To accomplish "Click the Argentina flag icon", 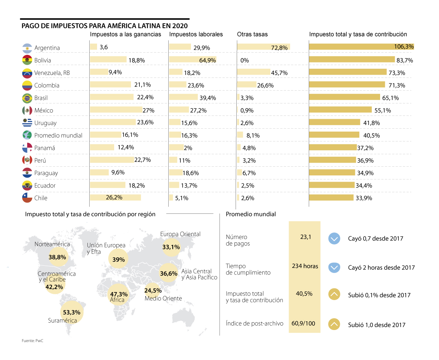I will (27, 48).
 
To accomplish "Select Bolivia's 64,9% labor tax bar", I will (192, 60).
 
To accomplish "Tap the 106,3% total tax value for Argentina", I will (404, 46).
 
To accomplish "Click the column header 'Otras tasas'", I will (252, 34).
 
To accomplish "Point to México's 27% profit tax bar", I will (116, 110).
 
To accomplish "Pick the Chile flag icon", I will (27, 198).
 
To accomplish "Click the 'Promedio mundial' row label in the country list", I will (58, 135).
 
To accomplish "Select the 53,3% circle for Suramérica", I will (72, 312).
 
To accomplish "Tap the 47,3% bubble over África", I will (119, 294).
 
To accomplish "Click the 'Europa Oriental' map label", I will (180, 234).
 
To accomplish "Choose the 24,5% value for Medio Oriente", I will (153, 291).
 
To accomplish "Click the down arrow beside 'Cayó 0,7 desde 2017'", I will (334, 239).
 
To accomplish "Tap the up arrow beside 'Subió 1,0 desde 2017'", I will (334, 325).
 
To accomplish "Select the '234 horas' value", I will (305, 266).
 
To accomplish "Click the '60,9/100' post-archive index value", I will (303, 323).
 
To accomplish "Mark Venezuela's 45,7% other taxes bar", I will (254, 72).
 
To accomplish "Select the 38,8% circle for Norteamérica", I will (57, 257).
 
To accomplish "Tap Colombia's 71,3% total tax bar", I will (347, 85).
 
